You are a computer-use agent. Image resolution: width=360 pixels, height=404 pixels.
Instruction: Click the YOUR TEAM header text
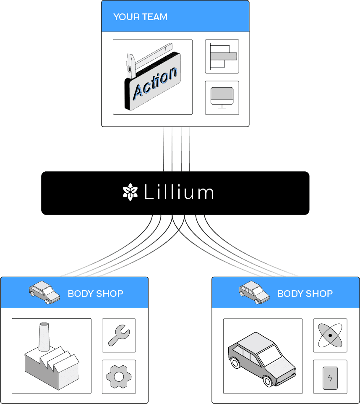point(140,17)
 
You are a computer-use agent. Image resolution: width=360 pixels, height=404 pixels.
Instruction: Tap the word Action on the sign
point(154,84)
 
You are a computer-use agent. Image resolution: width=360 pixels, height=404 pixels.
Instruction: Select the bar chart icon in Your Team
point(222,56)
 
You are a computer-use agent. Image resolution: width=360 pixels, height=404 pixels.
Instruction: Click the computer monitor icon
point(222,97)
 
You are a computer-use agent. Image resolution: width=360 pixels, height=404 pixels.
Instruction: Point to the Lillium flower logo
point(130,192)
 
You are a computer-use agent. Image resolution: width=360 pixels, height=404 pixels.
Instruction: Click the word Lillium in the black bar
point(179,193)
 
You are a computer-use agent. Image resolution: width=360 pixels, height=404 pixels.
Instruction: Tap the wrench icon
point(119,335)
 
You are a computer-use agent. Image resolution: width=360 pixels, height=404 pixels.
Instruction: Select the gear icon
point(119,376)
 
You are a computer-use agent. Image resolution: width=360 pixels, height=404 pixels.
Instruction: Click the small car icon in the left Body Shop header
point(44,292)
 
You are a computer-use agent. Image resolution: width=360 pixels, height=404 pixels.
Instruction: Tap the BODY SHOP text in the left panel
point(95,294)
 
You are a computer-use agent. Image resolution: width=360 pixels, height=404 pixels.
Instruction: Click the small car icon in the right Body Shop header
point(254,292)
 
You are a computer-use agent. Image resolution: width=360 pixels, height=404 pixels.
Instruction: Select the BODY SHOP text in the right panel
point(305,294)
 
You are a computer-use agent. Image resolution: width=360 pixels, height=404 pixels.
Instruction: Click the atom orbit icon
point(330,335)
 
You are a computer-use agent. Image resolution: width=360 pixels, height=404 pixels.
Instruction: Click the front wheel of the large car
point(268,381)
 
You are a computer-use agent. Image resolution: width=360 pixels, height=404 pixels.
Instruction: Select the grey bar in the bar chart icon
point(223,56)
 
